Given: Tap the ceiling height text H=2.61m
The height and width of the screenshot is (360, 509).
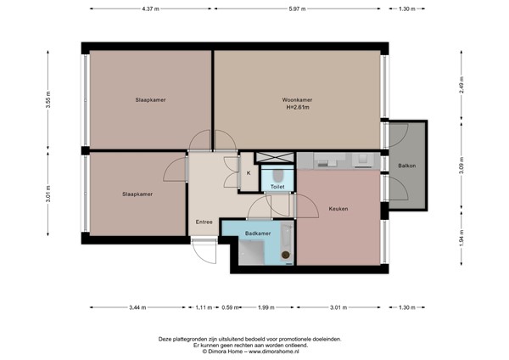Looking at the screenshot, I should pyautogui.click(x=297, y=108).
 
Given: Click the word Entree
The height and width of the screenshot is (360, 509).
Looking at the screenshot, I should pyautogui.click(x=204, y=222).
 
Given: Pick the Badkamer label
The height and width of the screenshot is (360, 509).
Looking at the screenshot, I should pyautogui.click(x=258, y=232).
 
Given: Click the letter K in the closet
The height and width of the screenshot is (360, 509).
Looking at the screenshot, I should pyautogui.click(x=249, y=173).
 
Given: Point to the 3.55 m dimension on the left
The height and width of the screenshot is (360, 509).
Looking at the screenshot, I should pyautogui.click(x=48, y=100).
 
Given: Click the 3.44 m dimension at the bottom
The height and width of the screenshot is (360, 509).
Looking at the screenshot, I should pyautogui.click(x=137, y=307).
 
